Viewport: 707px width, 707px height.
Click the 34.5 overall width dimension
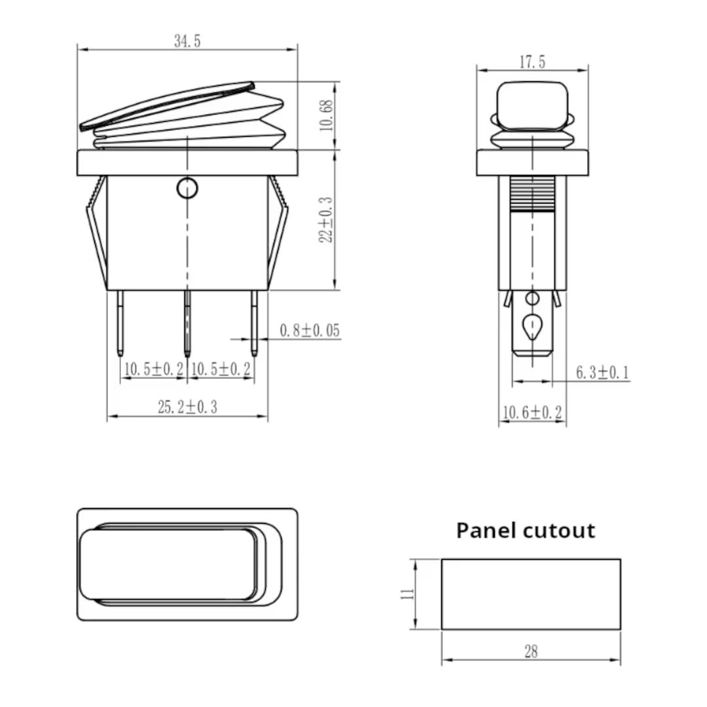click(x=187, y=41)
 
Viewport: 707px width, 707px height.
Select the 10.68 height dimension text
click(x=328, y=115)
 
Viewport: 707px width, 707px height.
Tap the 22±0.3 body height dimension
click(x=326, y=220)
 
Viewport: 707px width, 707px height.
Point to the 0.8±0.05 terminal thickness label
click(x=310, y=331)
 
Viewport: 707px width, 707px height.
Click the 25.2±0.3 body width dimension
click(x=187, y=407)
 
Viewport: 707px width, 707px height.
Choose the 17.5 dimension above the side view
click(x=532, y=62)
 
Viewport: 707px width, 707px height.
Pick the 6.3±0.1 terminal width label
click(x=602, y=373)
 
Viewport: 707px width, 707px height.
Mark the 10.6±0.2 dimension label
click(x=532, y=413)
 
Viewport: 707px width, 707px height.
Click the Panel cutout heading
click(x=526, y=530)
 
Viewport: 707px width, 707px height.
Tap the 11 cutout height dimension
click(x=407, y=594)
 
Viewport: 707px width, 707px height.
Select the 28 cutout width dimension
click(x=531, y=652)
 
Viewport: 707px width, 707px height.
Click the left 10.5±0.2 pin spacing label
click(x=154, y=369)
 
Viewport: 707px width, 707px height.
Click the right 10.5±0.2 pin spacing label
click(x=221, y=369)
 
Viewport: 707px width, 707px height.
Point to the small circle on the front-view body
click(x=187, y=189)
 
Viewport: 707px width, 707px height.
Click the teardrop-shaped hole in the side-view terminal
click(x=532, y=325)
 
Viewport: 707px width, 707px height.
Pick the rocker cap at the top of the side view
click(x=532, y=105)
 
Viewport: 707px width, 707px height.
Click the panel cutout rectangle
click(x=531, y=594)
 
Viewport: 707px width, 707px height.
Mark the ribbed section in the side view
click(x=532, y=194)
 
